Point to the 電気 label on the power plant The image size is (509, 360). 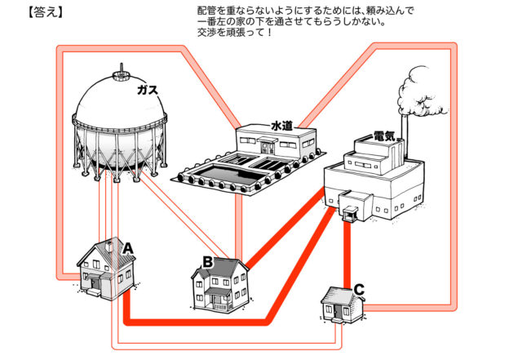click(x=384, y=136)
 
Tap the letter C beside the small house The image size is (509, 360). click(x=361, y=288)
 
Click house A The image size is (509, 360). click(x=102, y=269)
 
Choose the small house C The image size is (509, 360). click(x=341, y=304)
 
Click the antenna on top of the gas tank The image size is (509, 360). click(x=121, y=67)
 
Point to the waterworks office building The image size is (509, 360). click(x=275, y=144)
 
